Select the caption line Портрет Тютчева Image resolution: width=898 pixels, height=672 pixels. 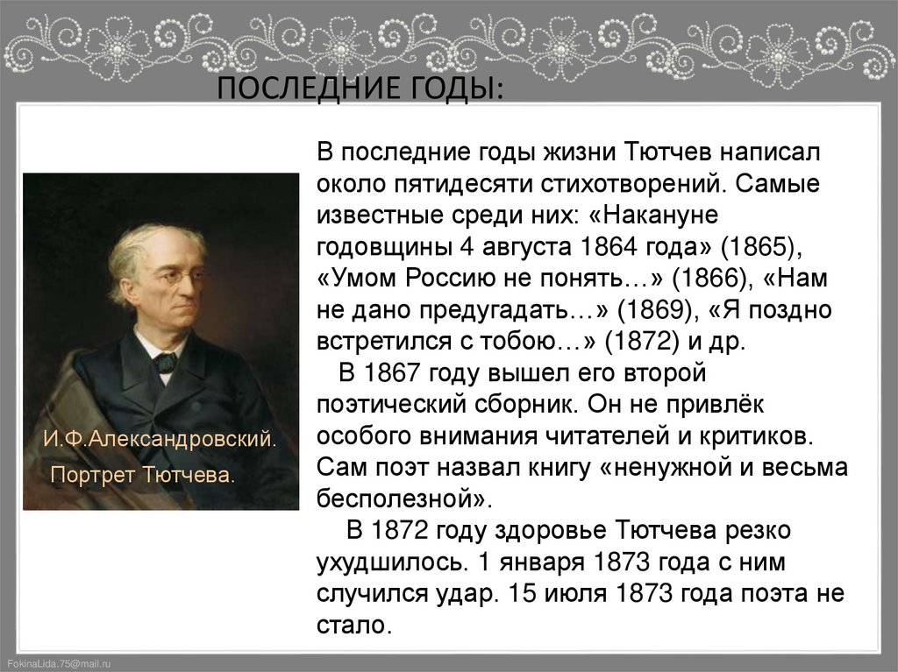(x=143, y=476)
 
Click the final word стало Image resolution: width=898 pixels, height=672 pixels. (x=351, y=626)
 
